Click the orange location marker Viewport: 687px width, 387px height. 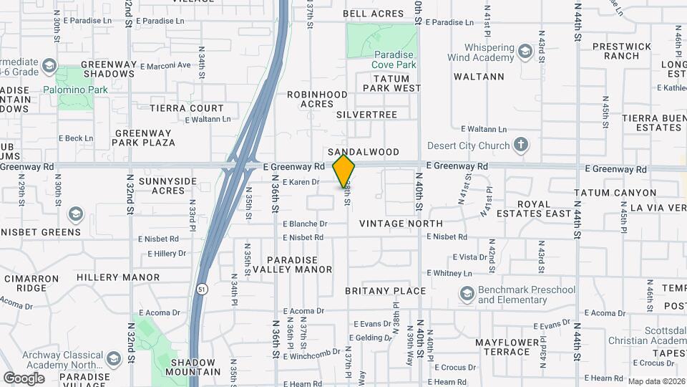coord(344,171)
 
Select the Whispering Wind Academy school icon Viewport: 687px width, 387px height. coord(526,51)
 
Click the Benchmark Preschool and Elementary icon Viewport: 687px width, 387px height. coord(467,294)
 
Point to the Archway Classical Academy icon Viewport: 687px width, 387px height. coord(113,358)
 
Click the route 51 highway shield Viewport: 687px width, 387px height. coord(203,289)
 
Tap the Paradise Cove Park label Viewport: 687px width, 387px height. coord(394,59)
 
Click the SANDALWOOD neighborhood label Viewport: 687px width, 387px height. coord(364,152)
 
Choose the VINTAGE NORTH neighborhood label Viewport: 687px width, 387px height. coord(401,224)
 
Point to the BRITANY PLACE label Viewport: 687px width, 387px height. coord(385,291)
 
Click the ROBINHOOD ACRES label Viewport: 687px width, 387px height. coord(317,99)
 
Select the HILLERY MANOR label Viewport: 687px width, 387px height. coord(118,277)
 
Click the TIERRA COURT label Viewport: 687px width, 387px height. coord(187,108)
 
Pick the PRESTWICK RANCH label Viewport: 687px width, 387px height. coord(621,51)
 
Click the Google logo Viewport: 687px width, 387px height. coord(24,378)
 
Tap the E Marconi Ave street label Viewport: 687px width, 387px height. coord(165,65)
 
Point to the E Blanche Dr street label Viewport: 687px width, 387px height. coord(305,224)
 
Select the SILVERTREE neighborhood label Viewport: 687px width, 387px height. coord(366,115)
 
